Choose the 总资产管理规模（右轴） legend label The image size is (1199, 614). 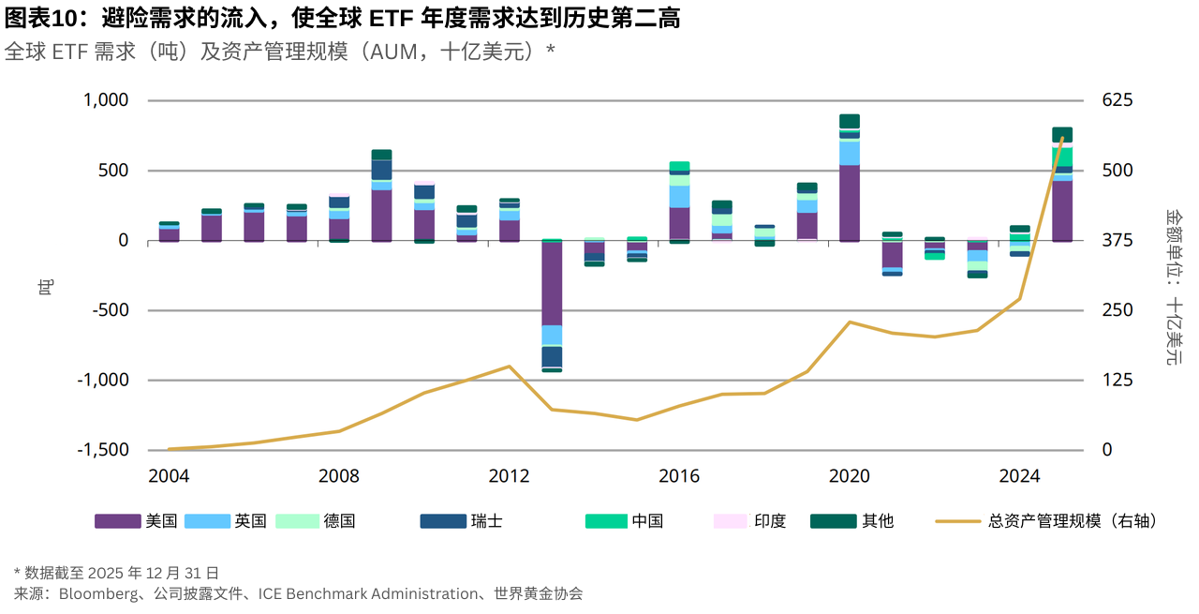tap(1072, 520)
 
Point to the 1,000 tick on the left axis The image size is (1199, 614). tap(106, 100)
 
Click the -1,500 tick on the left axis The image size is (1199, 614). tap(103, 450)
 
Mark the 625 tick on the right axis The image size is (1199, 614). tap(1117, 100)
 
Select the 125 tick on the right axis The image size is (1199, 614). tap(1117, 380)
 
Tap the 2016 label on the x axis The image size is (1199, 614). tap(679, 476)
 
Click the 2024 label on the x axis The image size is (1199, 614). tap(1019, 476)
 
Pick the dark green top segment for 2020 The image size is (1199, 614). tap(850, 121)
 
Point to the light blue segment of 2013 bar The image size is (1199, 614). tap(552, 336)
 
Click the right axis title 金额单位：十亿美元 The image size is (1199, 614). tap(1173, 286)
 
